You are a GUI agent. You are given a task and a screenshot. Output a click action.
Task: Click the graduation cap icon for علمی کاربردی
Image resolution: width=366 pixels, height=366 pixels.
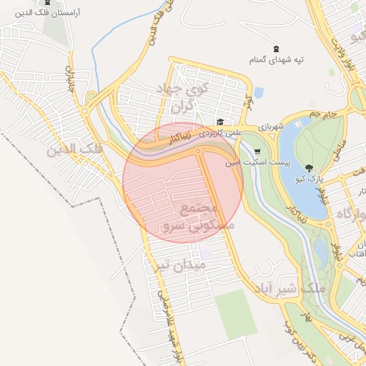(x=220, y=122)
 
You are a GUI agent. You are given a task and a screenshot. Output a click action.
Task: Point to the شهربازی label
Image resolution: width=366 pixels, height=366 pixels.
(x=272, y=127)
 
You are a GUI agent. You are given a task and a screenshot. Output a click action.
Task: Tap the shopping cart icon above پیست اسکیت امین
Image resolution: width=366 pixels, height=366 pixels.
(x=257, y=152)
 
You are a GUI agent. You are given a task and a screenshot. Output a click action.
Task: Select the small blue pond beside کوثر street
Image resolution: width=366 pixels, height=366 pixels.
(x=259, y=92)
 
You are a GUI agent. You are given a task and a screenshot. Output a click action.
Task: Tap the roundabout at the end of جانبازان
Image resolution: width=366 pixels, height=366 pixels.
(x=84, y=112)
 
